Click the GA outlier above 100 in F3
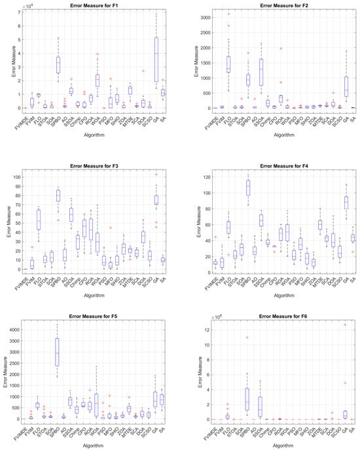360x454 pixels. coord(156,174)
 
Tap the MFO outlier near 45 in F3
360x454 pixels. coord(111,228)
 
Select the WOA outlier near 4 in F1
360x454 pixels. coord(98,54)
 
